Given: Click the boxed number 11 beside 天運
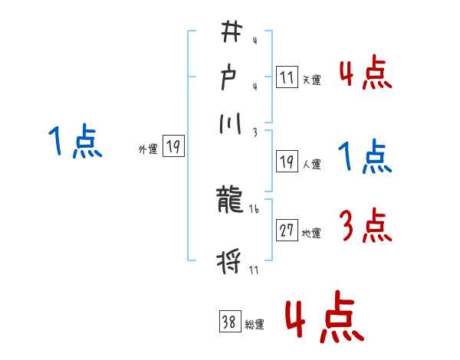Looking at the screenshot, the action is pyautogui.click(x=287, y=77).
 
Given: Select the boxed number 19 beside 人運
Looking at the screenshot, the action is pyautogui.click(x=287, y=161).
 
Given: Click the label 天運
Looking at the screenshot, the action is pyautogui.click(x=311, y=80).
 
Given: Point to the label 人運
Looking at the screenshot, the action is pyautogui.click(x=311, y=164).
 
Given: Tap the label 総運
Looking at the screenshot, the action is pyautogui.click(x=255, y=325).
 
